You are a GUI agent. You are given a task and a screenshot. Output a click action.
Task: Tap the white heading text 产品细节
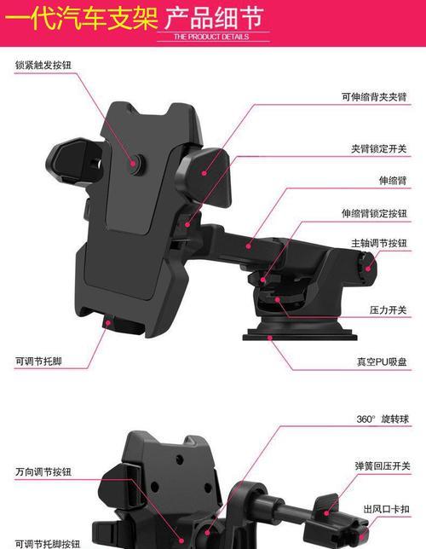[214, 18]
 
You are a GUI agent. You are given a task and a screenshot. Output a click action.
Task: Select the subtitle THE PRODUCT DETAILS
[211, 37]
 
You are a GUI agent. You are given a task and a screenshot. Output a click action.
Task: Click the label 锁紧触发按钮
[43, 65]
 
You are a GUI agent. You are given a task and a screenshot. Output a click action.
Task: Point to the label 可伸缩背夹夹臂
[374, 96]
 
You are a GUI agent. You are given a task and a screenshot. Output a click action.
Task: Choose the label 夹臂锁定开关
[379, 149]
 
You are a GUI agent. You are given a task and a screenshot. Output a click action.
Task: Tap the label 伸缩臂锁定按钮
[374, 213]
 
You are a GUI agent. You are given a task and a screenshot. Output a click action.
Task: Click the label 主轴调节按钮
[379, 243]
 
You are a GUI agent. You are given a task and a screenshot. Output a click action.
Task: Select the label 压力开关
[389, 309]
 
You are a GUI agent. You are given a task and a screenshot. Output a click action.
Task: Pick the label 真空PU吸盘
[382, 361]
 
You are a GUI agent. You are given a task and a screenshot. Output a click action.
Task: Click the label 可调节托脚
[38, 361]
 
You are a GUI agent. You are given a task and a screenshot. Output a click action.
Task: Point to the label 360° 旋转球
[383, 419]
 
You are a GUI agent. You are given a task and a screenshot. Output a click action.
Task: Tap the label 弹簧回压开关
[383, 466]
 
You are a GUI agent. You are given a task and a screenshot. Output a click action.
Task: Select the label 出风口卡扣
[387, 509]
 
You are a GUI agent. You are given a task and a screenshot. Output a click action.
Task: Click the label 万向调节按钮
[43, 471]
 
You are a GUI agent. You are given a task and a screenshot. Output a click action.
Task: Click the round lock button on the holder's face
[135, 163]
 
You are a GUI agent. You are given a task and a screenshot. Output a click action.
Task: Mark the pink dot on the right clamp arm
[204, 173]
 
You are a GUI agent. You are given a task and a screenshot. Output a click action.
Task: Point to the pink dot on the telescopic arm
[248, 246]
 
